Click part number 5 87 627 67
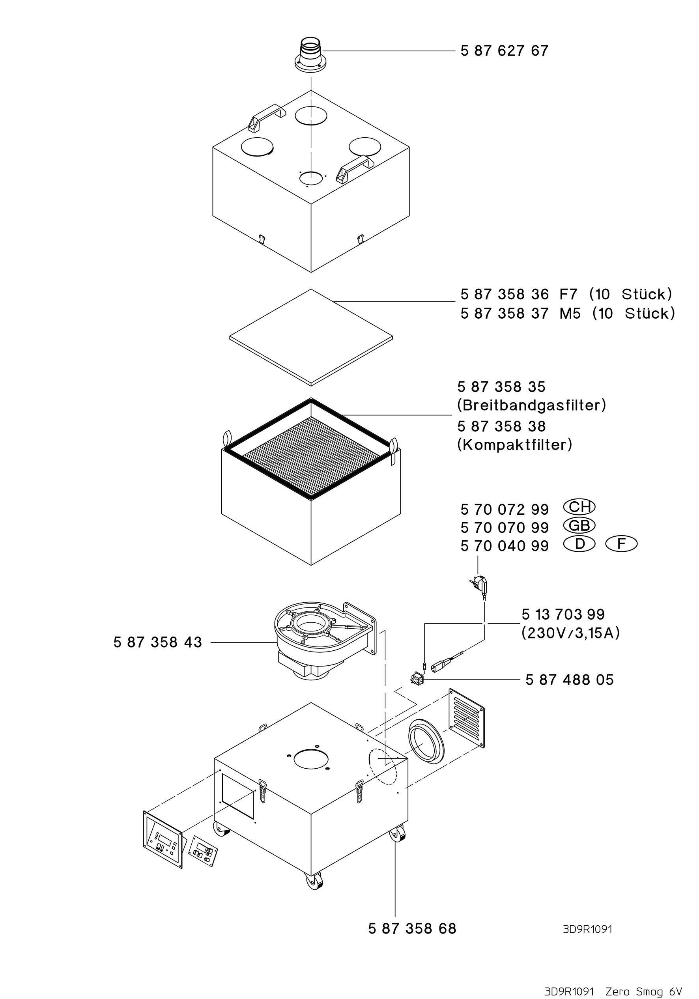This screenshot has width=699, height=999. tap(504, 51)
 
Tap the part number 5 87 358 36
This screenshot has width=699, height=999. tap(505, 295)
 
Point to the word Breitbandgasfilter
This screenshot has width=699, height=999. tap(531, 405)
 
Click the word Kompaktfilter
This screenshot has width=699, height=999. tap(514, 444)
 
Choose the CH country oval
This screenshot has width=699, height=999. tap(579, 507)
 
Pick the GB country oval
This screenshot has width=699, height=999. tap(579, 526)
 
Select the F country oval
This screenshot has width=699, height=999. tap(621, 544)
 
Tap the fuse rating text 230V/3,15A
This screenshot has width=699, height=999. tap(570, 633)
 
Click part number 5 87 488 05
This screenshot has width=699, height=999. tap(569, 680)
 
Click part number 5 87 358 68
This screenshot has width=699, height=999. tap(412, 928)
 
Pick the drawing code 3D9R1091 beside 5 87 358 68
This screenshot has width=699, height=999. tap(587, 929)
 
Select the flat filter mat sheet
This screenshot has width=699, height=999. tap(311, 337)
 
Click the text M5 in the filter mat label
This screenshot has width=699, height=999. tap(570, 313)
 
